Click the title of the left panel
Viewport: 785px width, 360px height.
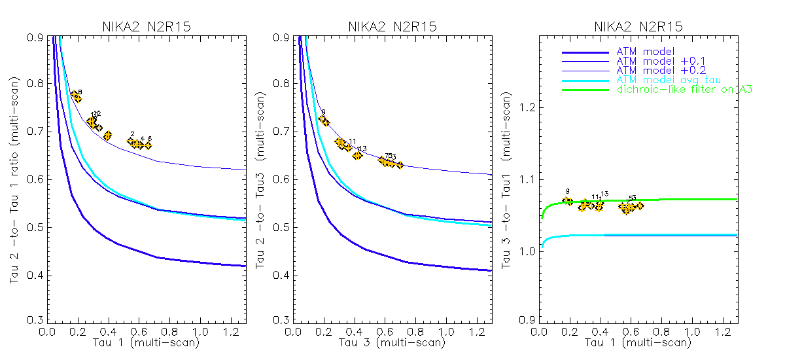pyautogui.click(x=145, y=27)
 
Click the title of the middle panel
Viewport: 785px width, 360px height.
pyautogui.click(x=392, y=27)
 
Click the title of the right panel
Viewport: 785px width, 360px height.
pyautogui.click(x=638, y=27)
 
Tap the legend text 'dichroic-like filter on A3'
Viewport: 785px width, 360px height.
pyautogui.click(x=684, y=89)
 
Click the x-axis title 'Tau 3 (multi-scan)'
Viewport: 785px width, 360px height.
pyautogui.click(x=392, y=342)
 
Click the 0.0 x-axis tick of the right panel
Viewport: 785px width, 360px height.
pyautogui.click(x=540, y=331)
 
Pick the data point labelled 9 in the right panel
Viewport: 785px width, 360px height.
pyautogui.click(x=568, y=201)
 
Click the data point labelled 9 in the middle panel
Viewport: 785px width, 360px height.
pyautogui.click(x=323, y=120)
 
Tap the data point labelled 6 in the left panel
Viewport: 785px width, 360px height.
pyautogui.click(x=147, y=145)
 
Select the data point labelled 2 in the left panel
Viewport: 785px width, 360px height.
pyautogui.click(x=131, y=141)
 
